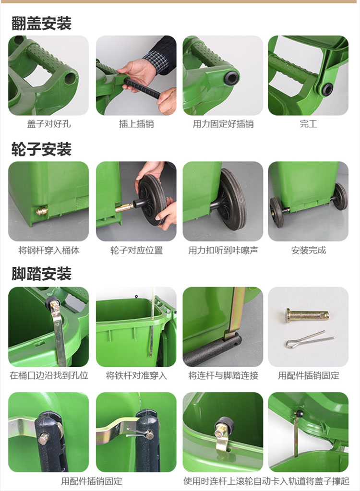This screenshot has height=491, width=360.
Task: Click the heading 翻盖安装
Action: coord(42,24)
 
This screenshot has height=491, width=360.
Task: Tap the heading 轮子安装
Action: coord(42,149)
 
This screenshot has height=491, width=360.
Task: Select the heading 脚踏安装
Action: coord(42,274)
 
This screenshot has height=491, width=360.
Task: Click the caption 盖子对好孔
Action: coord(49,124)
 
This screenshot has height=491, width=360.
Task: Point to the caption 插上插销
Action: coord(136,124)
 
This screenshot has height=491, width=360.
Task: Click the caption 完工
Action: coord(308,124)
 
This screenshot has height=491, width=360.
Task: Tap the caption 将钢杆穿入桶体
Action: coord(49,250)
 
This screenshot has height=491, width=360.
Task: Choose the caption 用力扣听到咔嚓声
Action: coord(223,250)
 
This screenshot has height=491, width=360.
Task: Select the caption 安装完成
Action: coord(308,250)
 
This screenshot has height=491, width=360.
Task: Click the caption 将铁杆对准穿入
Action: coord(136,375)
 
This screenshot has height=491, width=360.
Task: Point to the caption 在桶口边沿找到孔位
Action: coord(49,375)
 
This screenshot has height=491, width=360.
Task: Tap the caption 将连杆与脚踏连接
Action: coord(223,375)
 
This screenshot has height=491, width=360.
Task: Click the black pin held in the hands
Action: coord(143,89)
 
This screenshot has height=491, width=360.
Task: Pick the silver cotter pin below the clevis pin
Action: coord(310,339)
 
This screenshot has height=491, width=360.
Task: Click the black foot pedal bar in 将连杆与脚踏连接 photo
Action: coord(212,350)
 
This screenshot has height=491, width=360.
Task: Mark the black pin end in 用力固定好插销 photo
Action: coord(232,77)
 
